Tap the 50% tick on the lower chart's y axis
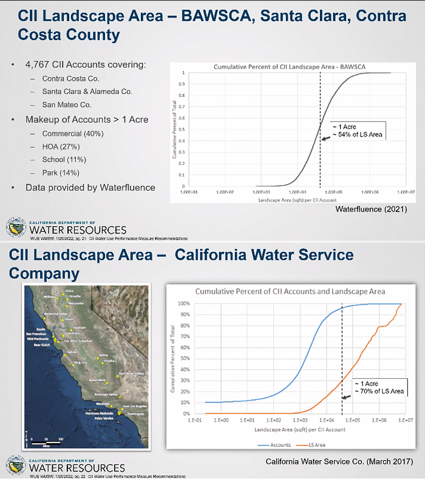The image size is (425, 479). [x=181, y=358]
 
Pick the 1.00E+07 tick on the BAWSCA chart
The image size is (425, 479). [x=406, y=192]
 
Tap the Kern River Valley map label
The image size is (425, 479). [x=131, y=373]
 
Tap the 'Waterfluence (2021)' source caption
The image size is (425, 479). [x=371, y=209]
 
